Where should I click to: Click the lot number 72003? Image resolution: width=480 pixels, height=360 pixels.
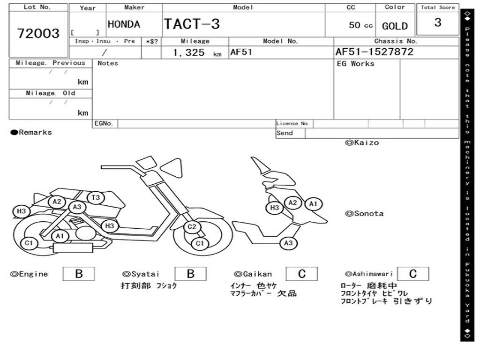pos(38,33)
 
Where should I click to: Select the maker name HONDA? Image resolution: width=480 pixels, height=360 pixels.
pos(124,24)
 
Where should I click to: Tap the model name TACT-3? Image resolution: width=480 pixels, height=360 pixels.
pos(192,24)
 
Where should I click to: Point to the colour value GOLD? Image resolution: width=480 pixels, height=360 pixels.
pos(395,26)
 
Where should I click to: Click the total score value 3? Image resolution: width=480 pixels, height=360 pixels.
pos(437,22)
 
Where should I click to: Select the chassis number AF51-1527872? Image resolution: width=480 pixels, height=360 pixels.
pos(375,52)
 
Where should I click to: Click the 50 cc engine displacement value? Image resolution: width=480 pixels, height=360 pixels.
pos(360,25)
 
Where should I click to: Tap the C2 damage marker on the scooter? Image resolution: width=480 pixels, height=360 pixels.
pos(192,227)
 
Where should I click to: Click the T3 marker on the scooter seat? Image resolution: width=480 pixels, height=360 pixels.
pos(96,198)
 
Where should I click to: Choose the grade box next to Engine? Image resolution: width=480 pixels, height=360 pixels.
pos(79,274)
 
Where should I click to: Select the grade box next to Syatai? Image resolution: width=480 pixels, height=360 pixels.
pos(190,274)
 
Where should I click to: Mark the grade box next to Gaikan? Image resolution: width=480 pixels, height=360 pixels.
pos(301,274)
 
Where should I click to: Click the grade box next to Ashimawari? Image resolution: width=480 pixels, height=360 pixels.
pos(412,274)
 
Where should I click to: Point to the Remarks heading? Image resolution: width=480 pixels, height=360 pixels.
pos(31,133)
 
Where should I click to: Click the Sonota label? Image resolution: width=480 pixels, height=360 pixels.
pos(364,214)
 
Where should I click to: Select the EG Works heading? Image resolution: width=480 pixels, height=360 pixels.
pos(356,64)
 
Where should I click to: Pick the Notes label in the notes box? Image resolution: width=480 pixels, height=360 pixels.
pos(108,63)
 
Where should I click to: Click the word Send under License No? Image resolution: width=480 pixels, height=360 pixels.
pos(285,133)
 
